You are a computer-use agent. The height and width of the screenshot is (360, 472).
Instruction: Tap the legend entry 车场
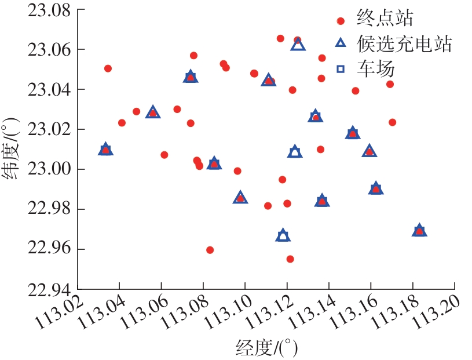pos(367,69)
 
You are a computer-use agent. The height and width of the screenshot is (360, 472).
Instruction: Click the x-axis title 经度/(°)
pos(267,347)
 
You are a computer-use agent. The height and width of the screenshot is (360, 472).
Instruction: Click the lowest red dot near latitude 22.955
pos(290,259)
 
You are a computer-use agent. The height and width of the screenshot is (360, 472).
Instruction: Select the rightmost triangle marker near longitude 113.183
pos(419,231)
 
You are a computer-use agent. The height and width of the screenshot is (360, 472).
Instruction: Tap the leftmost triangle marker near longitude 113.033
pos(105,150)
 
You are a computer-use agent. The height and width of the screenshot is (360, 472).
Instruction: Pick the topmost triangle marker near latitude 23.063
pos(298,43)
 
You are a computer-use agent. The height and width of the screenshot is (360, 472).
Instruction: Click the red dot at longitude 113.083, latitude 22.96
pos(210,250)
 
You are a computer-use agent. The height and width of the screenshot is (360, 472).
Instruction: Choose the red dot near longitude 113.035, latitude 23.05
pos(108,68)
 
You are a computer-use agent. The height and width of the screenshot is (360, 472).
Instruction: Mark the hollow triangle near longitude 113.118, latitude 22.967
pos(283,235)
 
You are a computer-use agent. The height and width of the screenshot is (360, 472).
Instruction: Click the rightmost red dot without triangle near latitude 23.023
pos(392,122)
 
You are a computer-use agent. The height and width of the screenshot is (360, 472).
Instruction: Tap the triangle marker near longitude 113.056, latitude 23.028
pos(152,112)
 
